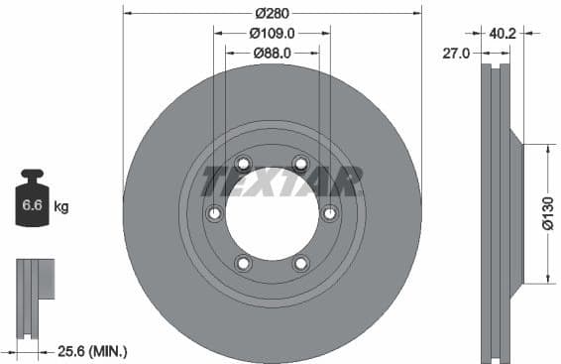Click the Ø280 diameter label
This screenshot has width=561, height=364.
tap(272, 13)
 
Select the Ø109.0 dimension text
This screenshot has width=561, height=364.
tap(272, 33)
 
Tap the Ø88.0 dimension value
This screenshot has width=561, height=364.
tap(272, 52)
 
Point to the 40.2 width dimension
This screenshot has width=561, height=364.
tap(503, 33)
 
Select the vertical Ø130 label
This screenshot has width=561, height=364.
tap(547, 213)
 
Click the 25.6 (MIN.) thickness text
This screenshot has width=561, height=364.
tap(92, 351)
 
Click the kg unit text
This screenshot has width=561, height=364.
tap(60, 207)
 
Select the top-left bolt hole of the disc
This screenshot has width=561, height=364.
tap(243, 165)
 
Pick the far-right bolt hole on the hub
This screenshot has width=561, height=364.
tap(330, 212)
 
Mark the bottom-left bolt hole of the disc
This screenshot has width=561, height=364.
tap(243, 263)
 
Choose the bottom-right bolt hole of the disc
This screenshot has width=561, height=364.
tap(301, 263)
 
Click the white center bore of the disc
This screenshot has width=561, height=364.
tap(272, 213)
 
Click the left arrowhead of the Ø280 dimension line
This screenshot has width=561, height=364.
tap(127, 13)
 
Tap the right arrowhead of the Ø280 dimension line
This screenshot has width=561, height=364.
tap(417, 13)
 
